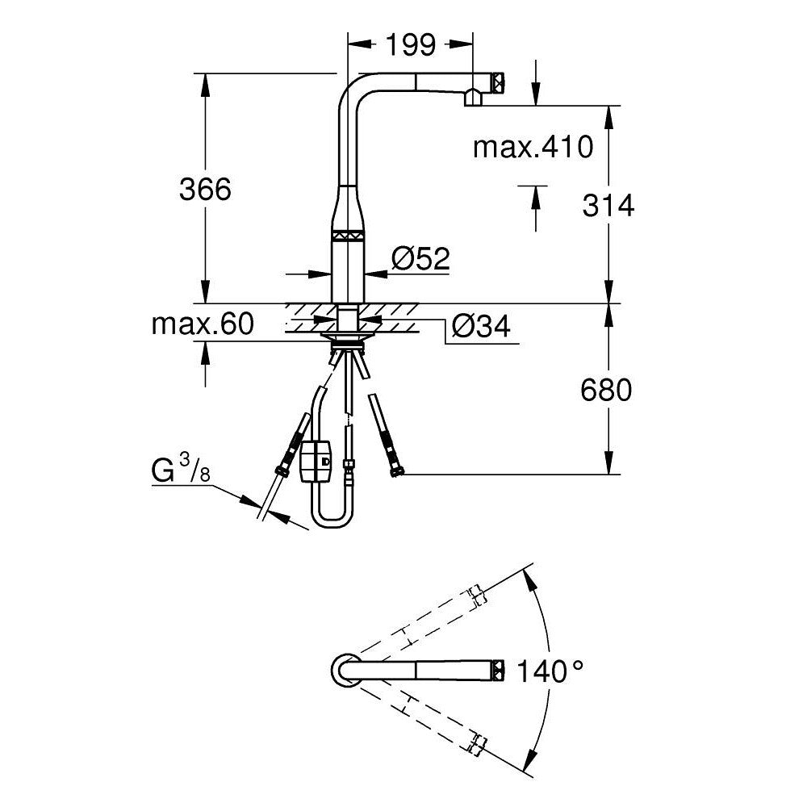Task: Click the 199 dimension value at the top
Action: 410,45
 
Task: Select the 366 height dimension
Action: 204,190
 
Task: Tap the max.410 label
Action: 533,147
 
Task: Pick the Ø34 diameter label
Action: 480,327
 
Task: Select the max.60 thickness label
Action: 203,324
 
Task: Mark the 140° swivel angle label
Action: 550,671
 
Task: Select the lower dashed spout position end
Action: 477,743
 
